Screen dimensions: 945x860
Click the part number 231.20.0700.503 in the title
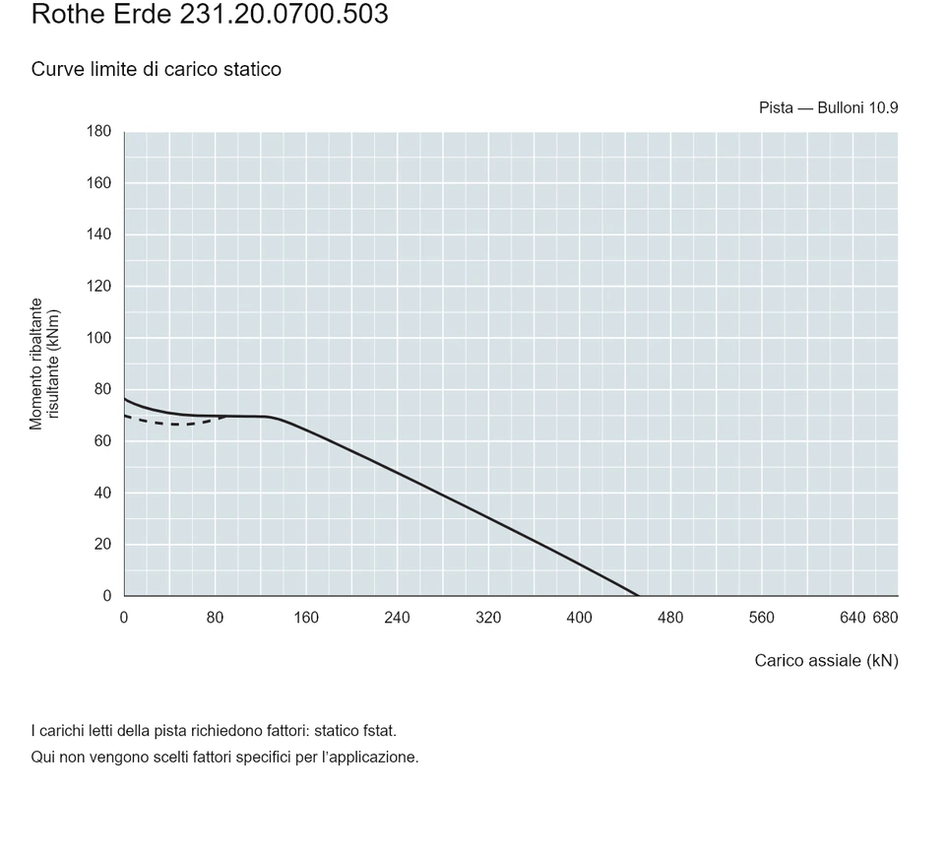pyautogui.click(x=283, y=14)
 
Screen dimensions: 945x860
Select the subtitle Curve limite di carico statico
pyautogui.click(x=157, y=69)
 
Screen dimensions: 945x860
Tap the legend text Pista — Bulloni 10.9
pyautogui.click(x=828, y=108)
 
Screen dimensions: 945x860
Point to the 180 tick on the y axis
pyautogui.click(x=98, y=131)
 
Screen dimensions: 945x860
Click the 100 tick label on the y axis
pyautogui.click(x=98, y=338)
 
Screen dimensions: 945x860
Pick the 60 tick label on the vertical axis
pyautogui.click(x=103, y=441)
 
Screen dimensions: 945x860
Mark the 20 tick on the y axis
pyautogui.click(x=103, y=544)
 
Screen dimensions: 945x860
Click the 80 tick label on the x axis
pyautogui.click(x=216, y=618)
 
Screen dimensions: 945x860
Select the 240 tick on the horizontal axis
pyautogui.click(x=397, y=618)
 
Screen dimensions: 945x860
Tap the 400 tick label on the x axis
pyautogui.click(x=579, y=618)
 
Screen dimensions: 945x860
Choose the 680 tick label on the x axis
pyautogui.click(x=885, y=618)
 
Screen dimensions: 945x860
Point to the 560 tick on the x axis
pyautogui.click(x=761, y=618)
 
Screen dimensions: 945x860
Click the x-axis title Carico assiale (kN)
pyautogui.click(x=826, y=661)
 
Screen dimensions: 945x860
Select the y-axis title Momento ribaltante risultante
pyautogui.click(x=44, y=364)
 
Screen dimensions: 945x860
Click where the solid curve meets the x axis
pyautogui.click(x=638, y=595)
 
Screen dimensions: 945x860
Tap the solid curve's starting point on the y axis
pyautogui.click(x=125, y=399)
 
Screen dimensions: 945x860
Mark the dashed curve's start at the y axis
pyautogui.click(x=125, y=416)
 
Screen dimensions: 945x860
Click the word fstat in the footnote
pyautogui.click(x=379, y=731)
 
